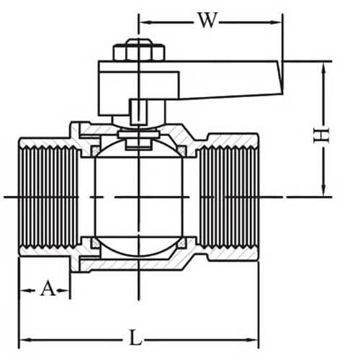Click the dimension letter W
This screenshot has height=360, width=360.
[x=207, y=21]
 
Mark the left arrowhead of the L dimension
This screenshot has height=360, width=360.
[x=22, y=338]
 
